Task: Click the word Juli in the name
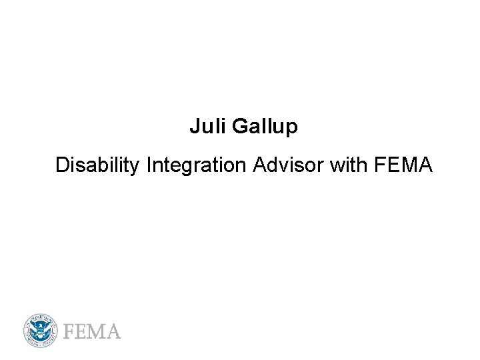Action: [x=207, y=126]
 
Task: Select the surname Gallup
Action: [x=265, y=127]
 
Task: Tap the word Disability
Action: [x=98, y=165]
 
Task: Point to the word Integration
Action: [x=197, y=165]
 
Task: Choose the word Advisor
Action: [x=289, y=164]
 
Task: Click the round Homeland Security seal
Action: [x=41, y=330]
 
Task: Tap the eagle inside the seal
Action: [x=41, y=330]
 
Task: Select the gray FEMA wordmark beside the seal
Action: [x=92, y=331]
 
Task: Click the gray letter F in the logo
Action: [x=69, y=331]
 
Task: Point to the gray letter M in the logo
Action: [x=97, y=331]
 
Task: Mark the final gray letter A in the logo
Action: [x=113, y=331]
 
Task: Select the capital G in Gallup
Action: [x=239, y=126]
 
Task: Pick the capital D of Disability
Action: [x=62, y=164]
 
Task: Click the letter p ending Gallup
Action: [x=292, y=128]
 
